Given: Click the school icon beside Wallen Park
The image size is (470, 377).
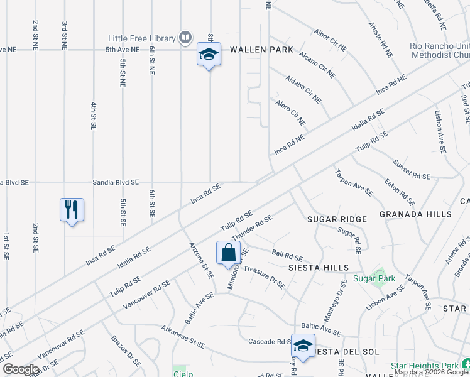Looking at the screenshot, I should click(x=209, y=55).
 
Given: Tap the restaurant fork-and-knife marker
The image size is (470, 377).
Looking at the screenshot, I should click(x=72, y=209).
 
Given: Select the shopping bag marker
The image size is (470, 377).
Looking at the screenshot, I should click(x=229, y=253).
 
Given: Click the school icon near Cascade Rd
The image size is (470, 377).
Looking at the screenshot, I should click(x=303, y=346).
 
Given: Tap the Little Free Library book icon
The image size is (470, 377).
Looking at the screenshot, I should click(x=185, y=38).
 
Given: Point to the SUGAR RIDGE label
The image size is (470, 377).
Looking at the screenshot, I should click(x=337, y=219).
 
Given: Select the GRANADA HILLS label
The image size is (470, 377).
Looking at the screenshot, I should click(x=415, y=214).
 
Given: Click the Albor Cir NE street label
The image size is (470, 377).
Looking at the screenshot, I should click(x=331, y=40).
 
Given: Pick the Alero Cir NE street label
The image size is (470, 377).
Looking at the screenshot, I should click(x=290, y=111).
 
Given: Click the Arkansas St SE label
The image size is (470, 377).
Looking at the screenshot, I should click(x=183, y=337).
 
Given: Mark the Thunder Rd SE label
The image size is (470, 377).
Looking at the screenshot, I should click(x=251, y=227).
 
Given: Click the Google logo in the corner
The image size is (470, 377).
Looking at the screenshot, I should click(x=20, y=369).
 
